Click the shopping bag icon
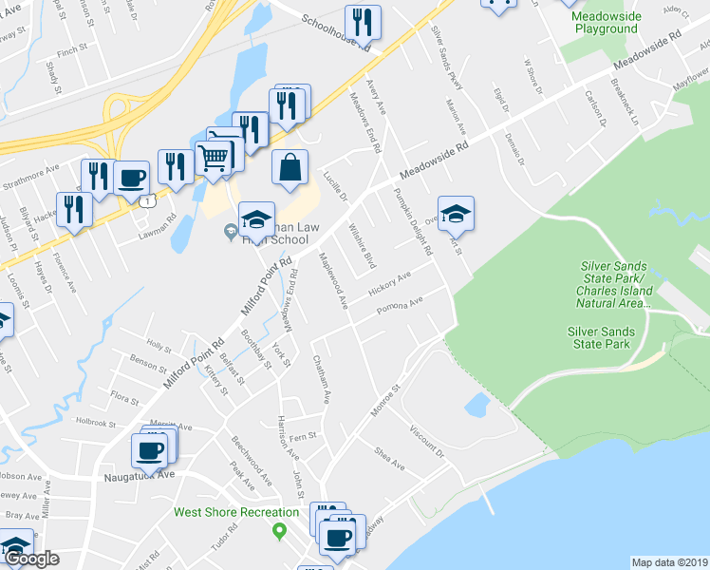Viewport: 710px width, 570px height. [x=290, y=167]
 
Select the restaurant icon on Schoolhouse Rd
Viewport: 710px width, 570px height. [x=363, y=21]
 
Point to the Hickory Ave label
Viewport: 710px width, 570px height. [x=388, y=282]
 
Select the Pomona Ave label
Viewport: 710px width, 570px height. [x=399, y=308]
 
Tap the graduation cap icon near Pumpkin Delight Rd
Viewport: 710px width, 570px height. [x=456, y=214]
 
